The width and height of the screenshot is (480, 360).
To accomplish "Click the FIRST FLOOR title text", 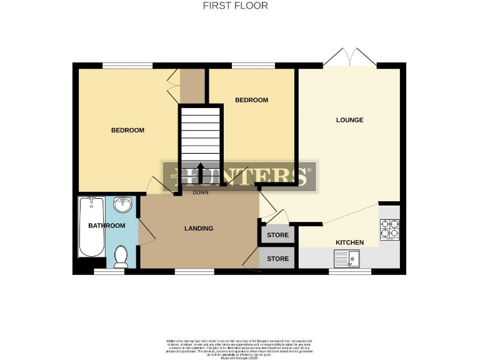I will [236, 6].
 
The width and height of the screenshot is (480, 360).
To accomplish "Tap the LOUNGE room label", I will [349, 120].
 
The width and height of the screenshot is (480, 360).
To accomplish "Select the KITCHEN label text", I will [350, 242].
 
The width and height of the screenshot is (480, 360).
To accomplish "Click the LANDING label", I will [199, 228].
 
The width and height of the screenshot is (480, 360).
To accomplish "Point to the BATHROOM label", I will [106, 226].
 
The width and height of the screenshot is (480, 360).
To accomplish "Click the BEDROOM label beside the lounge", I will [251, 100].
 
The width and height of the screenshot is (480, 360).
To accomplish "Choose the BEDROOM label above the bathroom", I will [127, 131].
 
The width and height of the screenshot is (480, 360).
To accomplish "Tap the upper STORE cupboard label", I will [278, 236].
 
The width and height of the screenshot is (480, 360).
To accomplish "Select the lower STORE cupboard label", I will [278, 258].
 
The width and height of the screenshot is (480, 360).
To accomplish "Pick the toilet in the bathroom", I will [121, 256].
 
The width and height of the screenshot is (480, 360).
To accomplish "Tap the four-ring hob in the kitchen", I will [390, 229].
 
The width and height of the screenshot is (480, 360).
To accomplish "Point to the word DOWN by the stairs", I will [201, 192].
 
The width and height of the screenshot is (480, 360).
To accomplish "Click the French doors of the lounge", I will [349, 58].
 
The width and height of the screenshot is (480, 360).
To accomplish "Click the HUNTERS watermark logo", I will [240, 175].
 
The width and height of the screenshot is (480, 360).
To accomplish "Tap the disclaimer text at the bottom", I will [240, 347].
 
